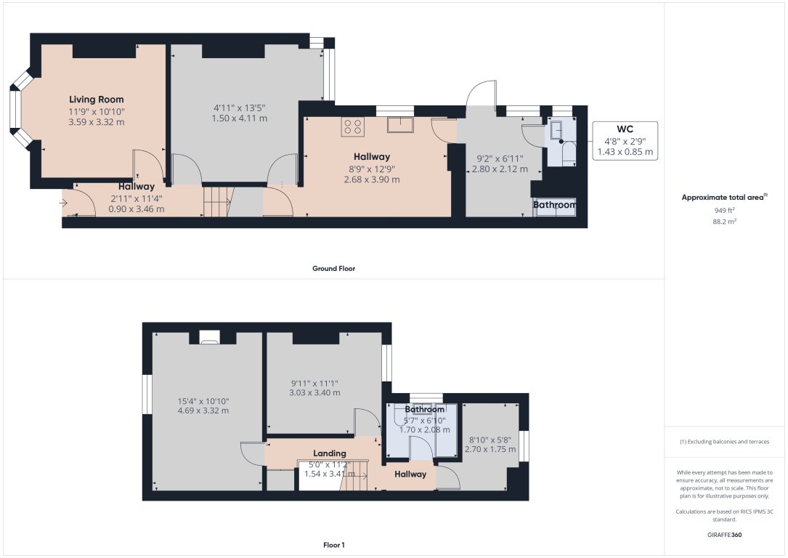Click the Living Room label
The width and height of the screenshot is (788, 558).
pyautogui.click(x=97, y=100)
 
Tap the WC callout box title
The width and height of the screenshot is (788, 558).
pyautogui.click(x=625, y=129)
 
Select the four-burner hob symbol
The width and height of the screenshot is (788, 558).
pyautogui.click(x=353, y=126)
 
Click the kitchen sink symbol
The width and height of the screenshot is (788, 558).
pyautogui.click(x=399, y=126)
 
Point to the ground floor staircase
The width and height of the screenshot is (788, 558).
pyautogui.click(x=216, y=201)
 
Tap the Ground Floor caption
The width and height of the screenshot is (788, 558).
pyautogui.click(x=333, y=268)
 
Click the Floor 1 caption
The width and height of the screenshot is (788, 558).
pyautogui.click(x=333, y=544)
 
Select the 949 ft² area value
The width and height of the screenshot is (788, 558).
pyautogui.click(x=726, y=210)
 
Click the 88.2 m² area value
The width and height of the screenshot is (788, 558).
pyautogui.click(x=726, y=221)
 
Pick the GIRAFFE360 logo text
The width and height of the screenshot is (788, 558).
pyautogui.click(x=726, y=535)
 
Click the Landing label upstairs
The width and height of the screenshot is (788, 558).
pyautogui.click(x=329, y=453)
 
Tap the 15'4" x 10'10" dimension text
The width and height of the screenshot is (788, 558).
pyautogui.click(x=203, y=400)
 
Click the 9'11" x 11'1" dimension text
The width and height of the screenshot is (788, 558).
pyautogui.click(x=315, y=383)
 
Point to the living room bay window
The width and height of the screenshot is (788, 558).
pyautogui.click(x=17, y=110)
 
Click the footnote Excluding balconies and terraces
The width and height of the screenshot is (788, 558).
pyautogui.click(x=726, y=442)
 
